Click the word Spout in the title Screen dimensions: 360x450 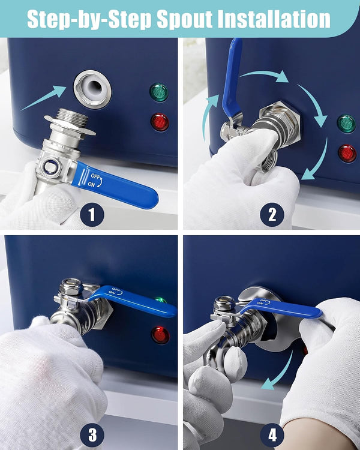(184, 20)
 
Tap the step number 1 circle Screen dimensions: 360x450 (92, 214)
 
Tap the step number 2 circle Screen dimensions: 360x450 (272, 214)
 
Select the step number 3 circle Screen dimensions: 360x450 (92, 435)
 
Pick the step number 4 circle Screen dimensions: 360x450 (272, 435)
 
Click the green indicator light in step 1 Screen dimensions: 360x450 (159, 92)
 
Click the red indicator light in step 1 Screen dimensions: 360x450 (160, 122)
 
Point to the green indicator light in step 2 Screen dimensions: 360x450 (346, 124)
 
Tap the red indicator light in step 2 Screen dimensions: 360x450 (347, 153)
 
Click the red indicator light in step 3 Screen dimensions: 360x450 (160, 335)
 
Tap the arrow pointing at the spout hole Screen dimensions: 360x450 (44, 98)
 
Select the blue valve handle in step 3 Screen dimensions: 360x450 (132, 300)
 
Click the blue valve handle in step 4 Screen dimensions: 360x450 (281, 308)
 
